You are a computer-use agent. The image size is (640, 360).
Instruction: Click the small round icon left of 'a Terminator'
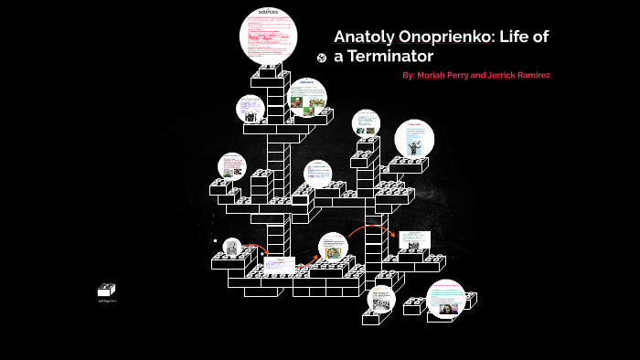pyautogui.click(x=321, y=58)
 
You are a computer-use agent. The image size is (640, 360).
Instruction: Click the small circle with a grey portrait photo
pyautogui.click(x=230, y=247)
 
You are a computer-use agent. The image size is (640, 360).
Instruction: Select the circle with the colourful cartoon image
pyautogui.click(x=335, y=249)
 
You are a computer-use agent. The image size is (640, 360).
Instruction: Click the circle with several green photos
pyautogui.click(x=307, y=98)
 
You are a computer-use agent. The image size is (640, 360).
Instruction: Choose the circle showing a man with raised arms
pyautogui.click(x=413, y=139)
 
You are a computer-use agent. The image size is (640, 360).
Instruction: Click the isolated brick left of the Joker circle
pyautogui.click(x=412, y=308)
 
